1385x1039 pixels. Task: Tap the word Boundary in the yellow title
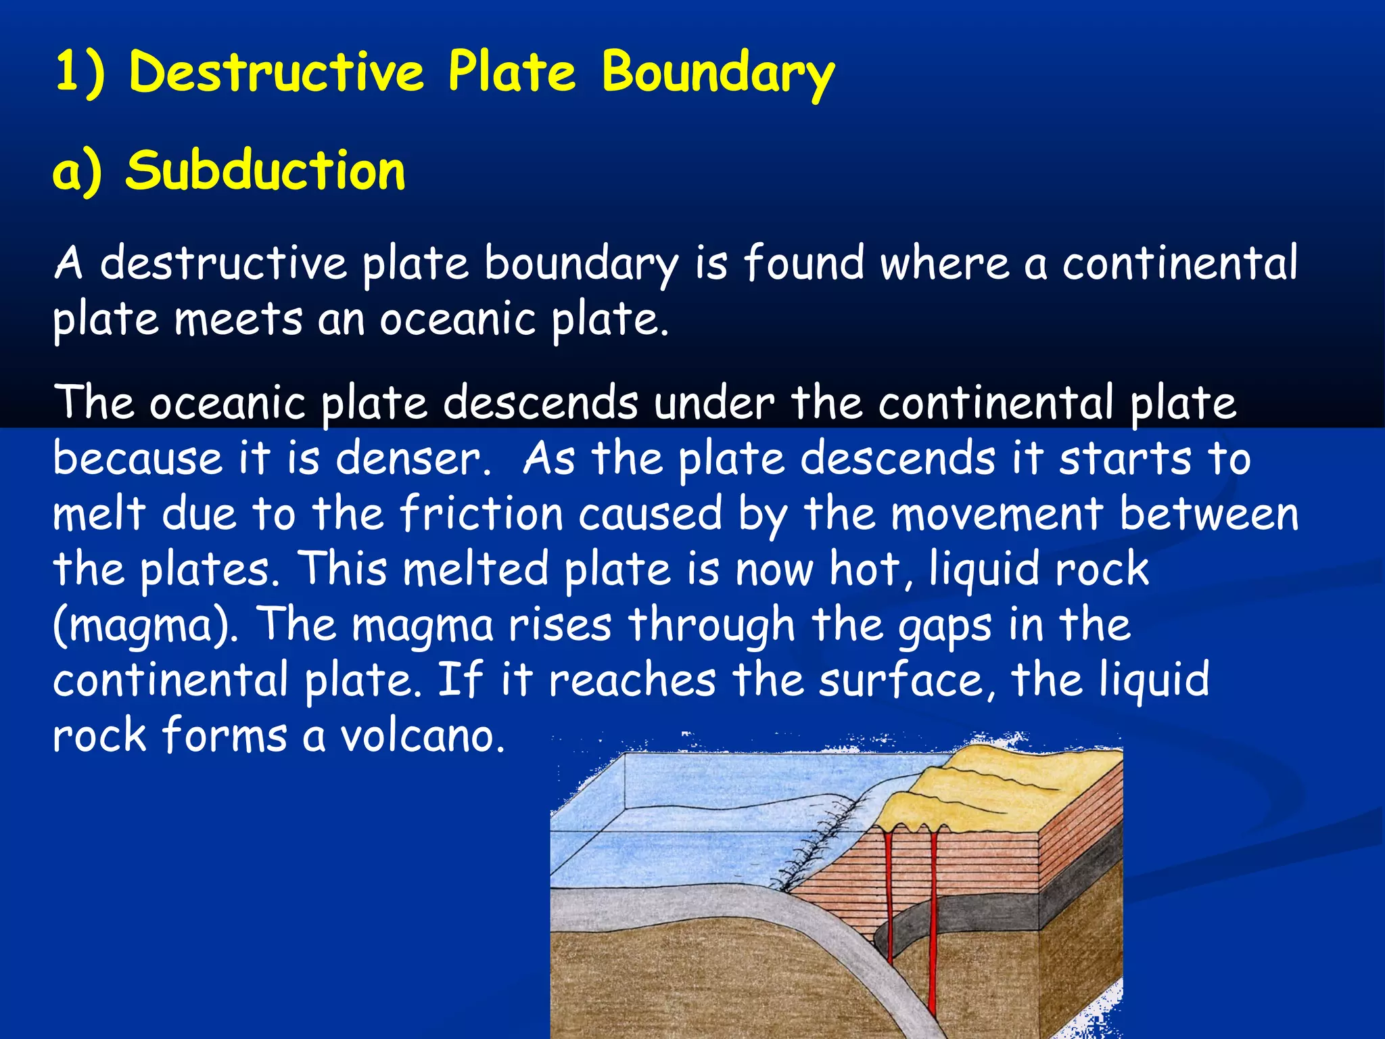click(x=718, y=72)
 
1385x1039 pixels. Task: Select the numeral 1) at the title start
click(x=80, y=72)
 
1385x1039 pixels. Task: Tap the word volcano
click(x=422, y=736)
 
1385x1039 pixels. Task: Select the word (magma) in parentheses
click(x=145, y=626)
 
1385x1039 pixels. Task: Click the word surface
click(x=906, y=680)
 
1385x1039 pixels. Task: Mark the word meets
click(x=238, y=319)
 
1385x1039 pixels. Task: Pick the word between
click(x=1208, y=514)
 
